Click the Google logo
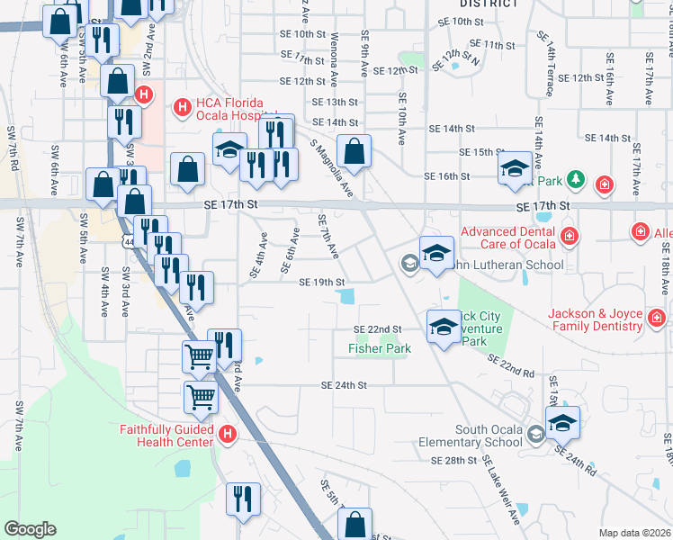pos(30,529)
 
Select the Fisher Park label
pos(380,348)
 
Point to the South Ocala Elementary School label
pos(470,436)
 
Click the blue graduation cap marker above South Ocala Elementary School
pos(561,422)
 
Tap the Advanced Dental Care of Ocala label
pos(507,238)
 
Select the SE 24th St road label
pos(345,385)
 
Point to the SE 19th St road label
pos(321,283)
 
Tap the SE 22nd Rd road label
pos(511,365)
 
